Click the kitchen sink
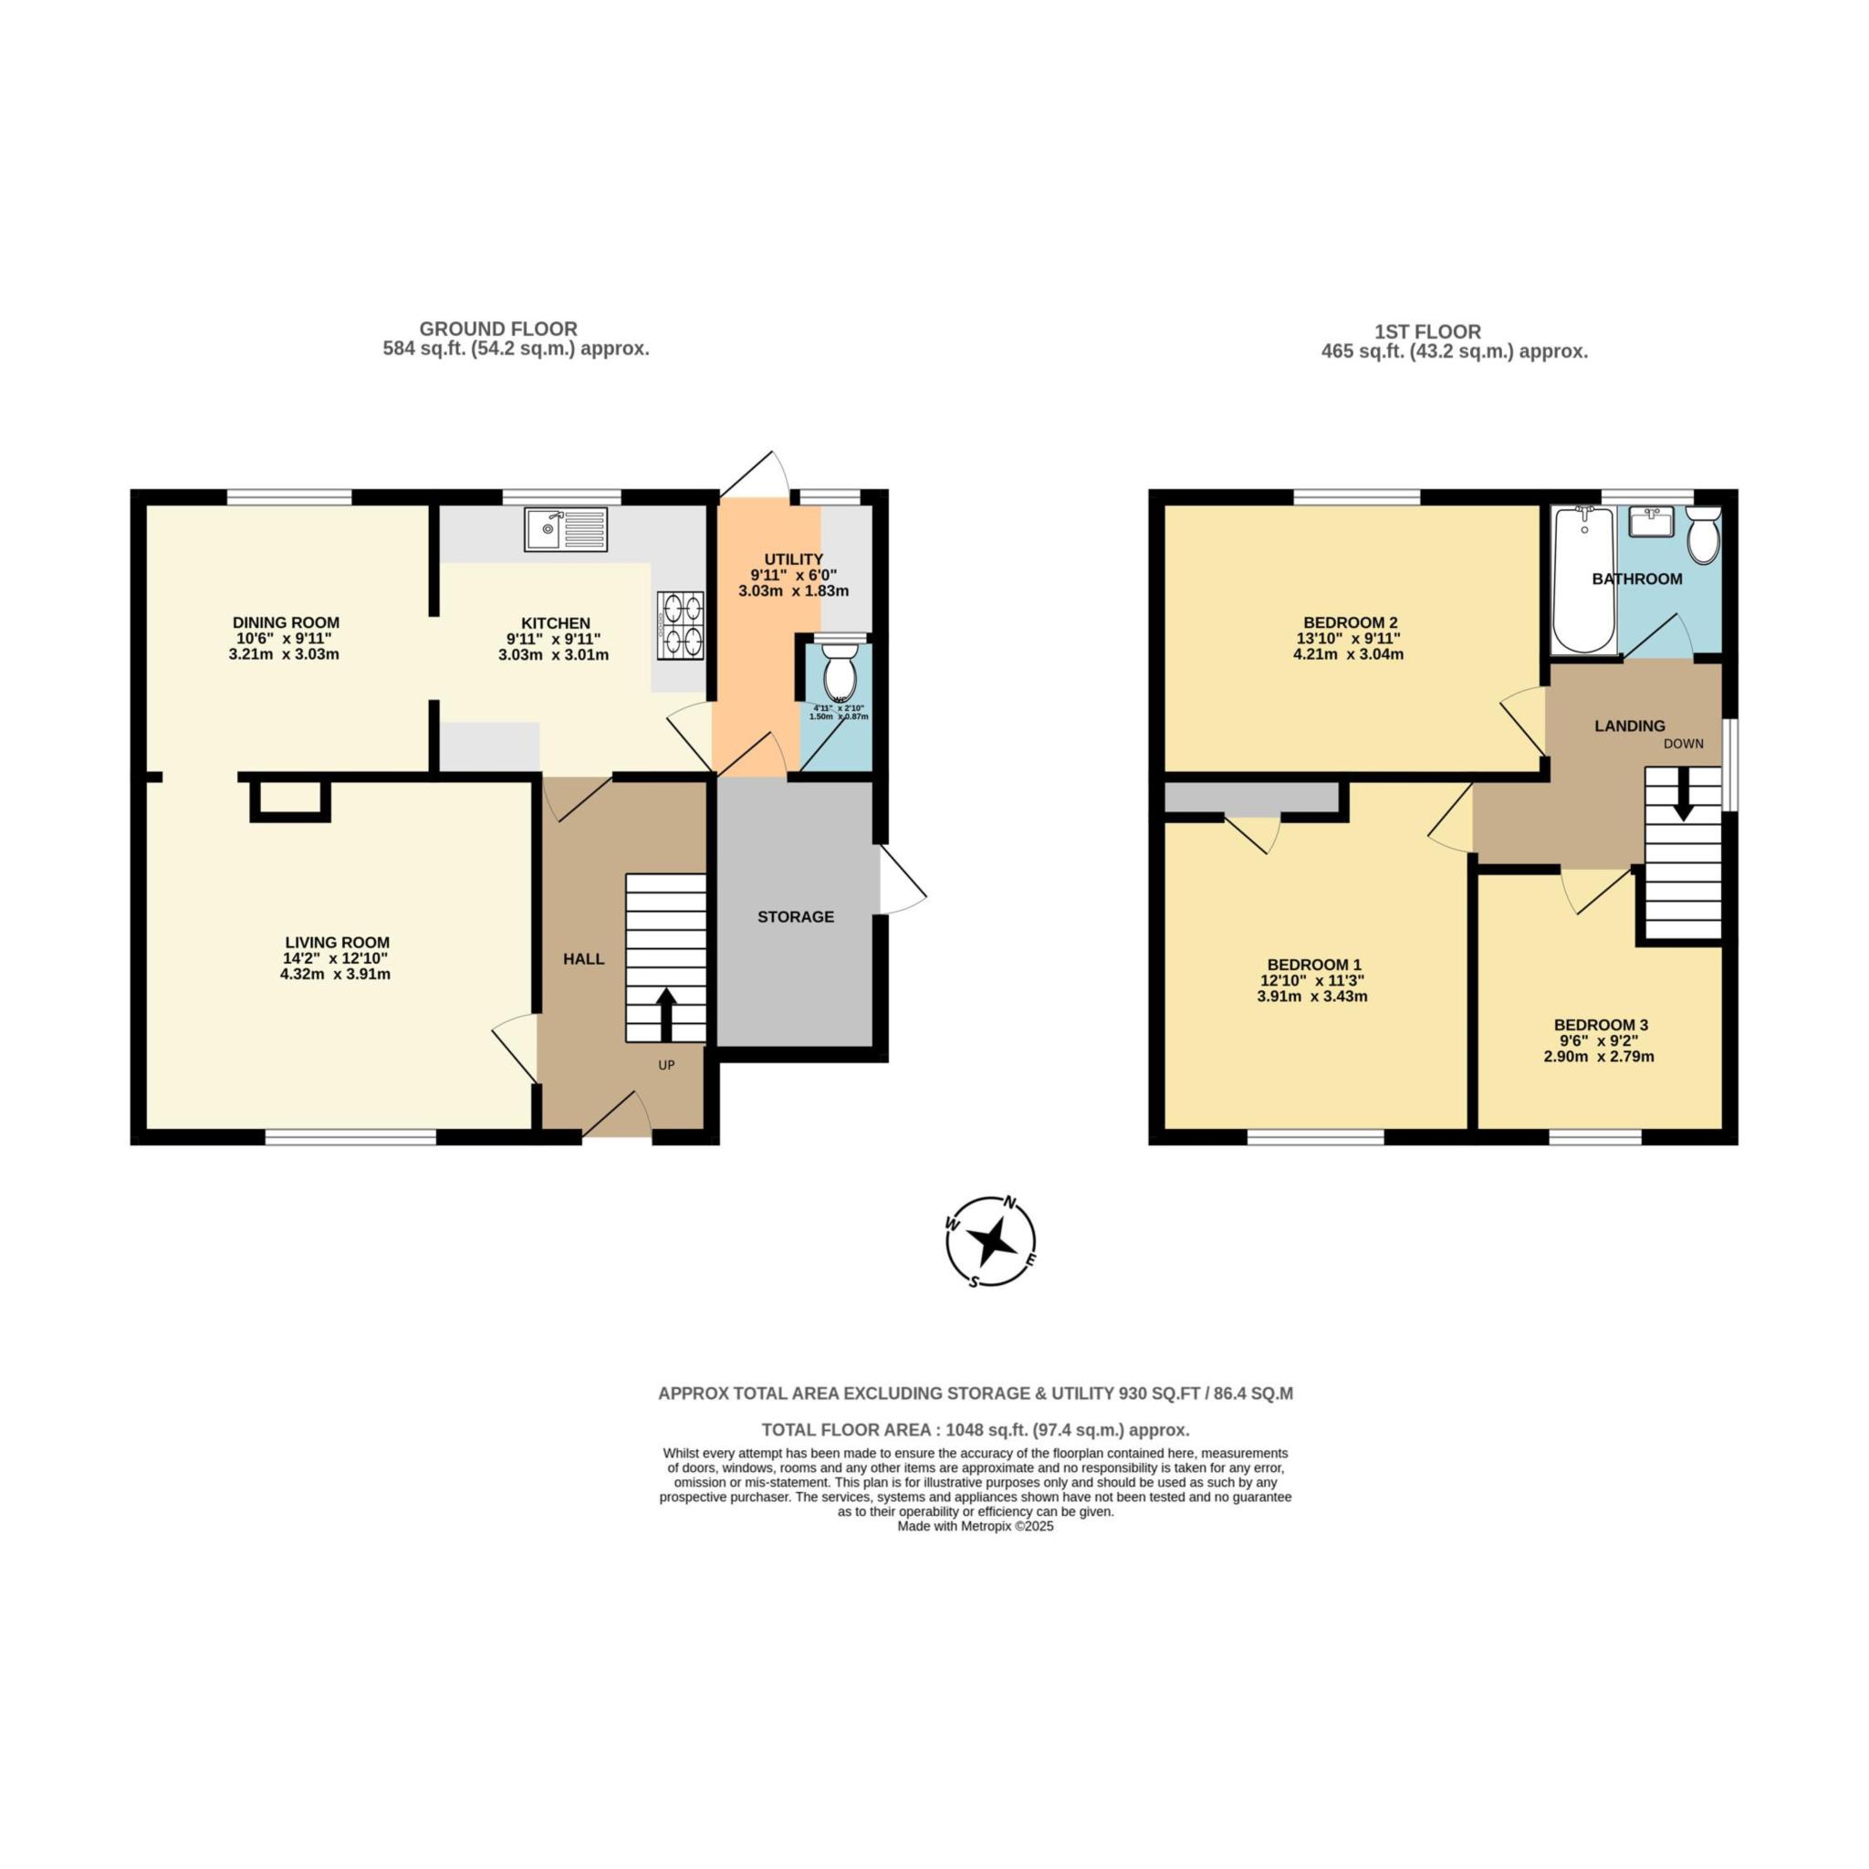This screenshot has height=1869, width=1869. (x=566, y=529)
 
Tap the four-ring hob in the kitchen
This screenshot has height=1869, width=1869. (x=680, y=625)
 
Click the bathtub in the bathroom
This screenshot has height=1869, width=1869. (x=1583, y=580)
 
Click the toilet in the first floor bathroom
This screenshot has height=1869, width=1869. (x=1703, y=535)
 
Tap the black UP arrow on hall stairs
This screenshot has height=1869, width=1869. (x=666, y=1014)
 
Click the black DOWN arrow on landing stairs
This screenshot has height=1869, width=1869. (x=1683, y=794)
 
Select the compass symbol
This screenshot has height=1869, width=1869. (x=990, y=1241)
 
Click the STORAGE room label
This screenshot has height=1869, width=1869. (x=795, y=917)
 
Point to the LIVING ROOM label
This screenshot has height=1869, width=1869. (x=338, y=942)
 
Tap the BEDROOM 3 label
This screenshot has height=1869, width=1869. (x=1601, y=1026)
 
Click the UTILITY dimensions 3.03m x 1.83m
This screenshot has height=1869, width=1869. (x=793, y=591)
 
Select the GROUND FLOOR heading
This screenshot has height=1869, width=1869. (x=498, y=329)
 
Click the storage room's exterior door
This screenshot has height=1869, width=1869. (x=902, y=881)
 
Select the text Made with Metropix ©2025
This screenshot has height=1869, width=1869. (x=976, y=1528)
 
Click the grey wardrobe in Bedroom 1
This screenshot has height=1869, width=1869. (x=1251, y=799)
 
